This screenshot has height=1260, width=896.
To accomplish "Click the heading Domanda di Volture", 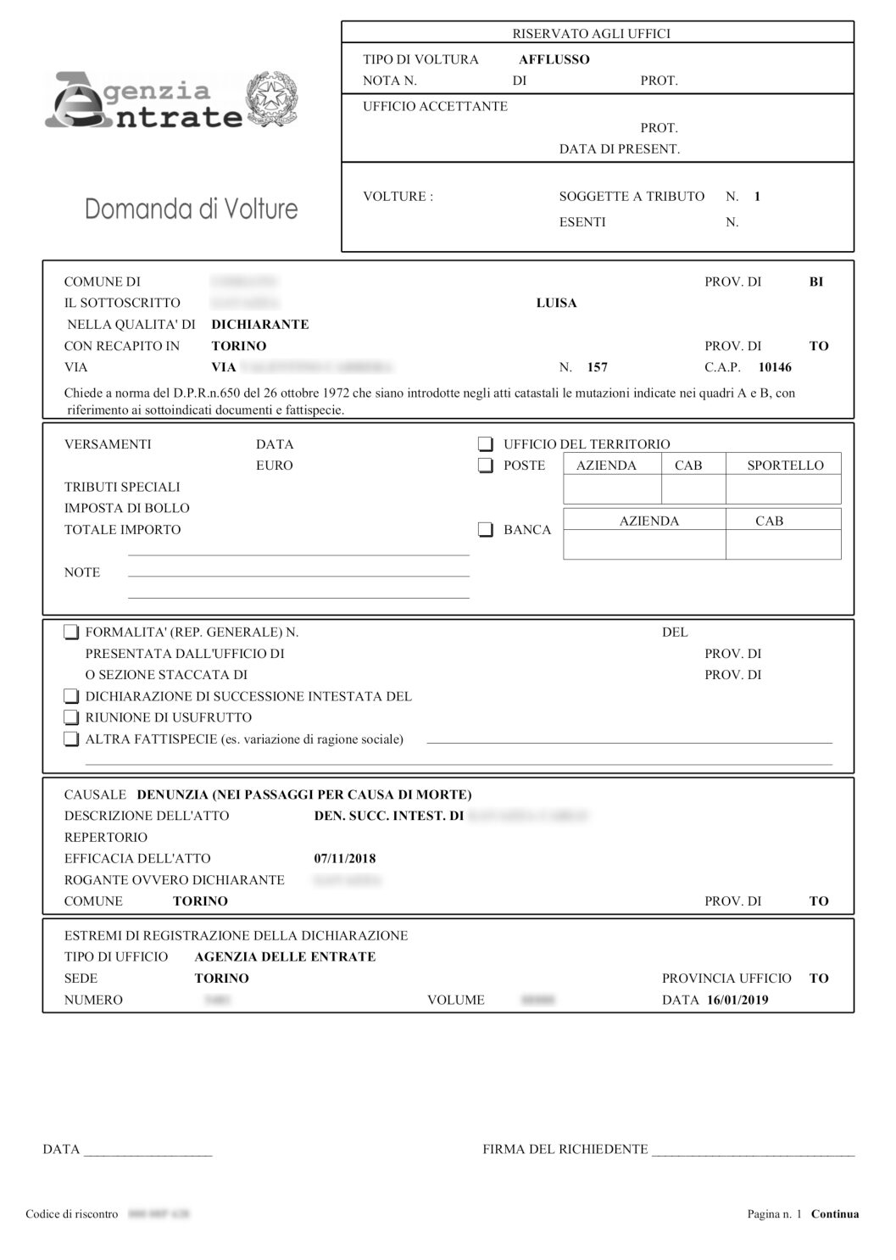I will tap(192, 209).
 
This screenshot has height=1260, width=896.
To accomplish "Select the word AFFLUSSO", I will tap(554, 59).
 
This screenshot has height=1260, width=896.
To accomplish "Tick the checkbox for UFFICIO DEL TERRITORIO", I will tap(486, 444).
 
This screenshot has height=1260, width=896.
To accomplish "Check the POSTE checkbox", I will tap(486, 466).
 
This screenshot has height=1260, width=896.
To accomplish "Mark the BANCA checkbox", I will tap(486, 530).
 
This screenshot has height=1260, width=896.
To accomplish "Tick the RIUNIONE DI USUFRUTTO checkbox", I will tap(71, 718).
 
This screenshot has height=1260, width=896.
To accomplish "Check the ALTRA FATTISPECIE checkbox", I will tap(71, 739).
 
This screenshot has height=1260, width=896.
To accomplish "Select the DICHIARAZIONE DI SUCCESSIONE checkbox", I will tap(71, 697).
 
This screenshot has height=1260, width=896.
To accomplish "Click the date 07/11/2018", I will tap(345, 858).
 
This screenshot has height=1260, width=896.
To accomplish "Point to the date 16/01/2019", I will tap(737, 1000).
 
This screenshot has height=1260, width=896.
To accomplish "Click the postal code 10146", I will tap(775, 367).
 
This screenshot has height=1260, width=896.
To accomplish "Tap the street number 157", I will tap(597, 367).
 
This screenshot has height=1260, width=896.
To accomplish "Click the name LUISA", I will tap(557, 303).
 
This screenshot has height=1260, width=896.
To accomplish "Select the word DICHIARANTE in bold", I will tap(260, 324).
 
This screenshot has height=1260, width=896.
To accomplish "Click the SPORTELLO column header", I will tap(785, 466).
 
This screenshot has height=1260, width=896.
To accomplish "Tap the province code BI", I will tap(816, 282).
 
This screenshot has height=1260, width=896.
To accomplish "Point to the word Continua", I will tap(835, 1214).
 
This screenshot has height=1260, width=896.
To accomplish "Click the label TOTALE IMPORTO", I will tap(123, 530).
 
